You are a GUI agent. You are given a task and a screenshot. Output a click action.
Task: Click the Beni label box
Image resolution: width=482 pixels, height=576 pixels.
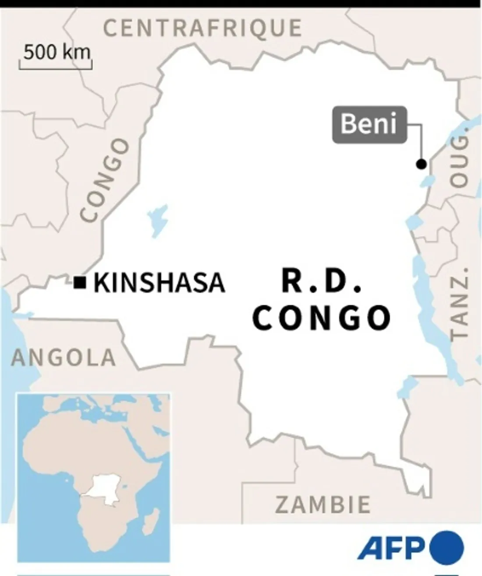click(x=369, y=124)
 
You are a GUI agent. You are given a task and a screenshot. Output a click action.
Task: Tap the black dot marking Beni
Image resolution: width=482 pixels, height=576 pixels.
click(x=421, y=164)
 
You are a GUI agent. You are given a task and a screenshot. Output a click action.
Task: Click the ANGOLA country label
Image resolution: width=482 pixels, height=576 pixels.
click(x=64, y=358)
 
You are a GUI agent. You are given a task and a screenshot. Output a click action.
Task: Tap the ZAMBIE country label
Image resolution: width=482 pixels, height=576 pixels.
click(x=323, y=505)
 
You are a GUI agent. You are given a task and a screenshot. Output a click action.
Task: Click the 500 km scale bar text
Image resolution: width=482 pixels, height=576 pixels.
click(x=57, y=53)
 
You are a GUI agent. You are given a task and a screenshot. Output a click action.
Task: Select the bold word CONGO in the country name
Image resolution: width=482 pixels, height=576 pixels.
click(x=322, y=318)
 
